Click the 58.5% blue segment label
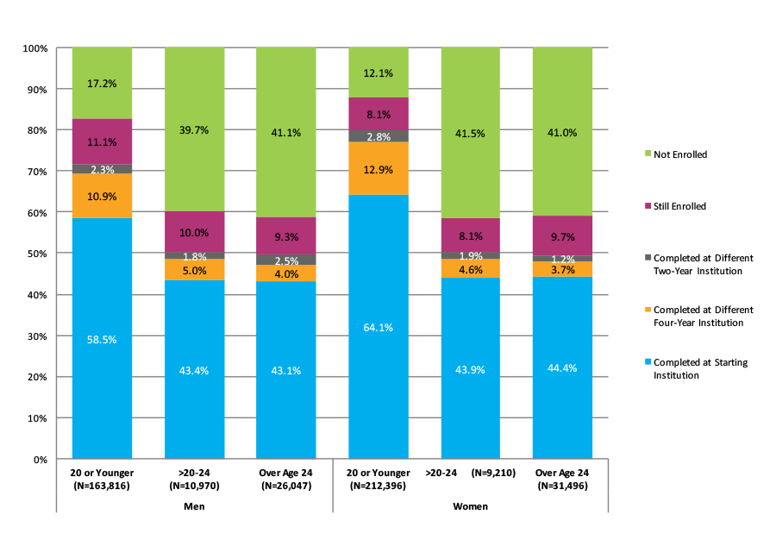[102, 340]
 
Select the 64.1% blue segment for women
[379, 327]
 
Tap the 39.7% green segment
[194, 129]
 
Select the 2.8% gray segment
[379, 136]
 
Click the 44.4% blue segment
[563, 367]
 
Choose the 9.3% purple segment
[286, 236]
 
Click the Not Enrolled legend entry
[680, 154]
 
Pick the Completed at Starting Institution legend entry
[700, 369]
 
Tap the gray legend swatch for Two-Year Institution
[647, 258]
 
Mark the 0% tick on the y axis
[40, 459]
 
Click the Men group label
[194, 506]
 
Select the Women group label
[471, 506]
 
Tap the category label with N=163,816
[102, 479]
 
